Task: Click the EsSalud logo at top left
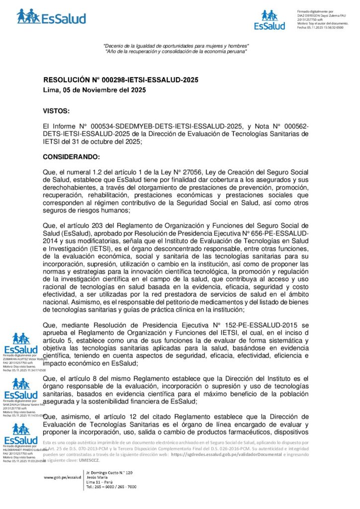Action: coord(51,17)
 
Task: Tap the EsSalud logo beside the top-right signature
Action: coord(270,20)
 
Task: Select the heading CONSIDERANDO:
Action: coord(72,157)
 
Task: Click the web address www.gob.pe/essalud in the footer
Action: coord(62,477)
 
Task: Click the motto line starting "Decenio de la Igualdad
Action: coord(176,46)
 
